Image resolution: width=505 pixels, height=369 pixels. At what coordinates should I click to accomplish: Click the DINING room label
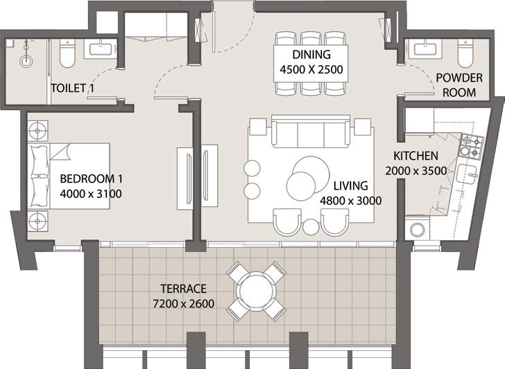tap(310, 55)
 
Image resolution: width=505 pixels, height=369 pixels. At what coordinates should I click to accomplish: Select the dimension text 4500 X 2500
tap(310, 69)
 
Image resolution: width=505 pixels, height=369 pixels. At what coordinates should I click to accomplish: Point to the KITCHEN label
tap(416, 156)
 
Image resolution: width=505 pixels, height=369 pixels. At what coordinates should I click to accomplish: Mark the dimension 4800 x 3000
tap(351, 201)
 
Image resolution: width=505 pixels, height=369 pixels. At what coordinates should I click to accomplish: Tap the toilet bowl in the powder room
tap(465, 51)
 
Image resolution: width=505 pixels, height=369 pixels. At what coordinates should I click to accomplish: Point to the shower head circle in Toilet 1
tap(26, 60)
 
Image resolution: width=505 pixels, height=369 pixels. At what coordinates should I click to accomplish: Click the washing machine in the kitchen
tap(417, 229)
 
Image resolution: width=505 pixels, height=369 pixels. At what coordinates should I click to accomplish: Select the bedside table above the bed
tap(37, 130)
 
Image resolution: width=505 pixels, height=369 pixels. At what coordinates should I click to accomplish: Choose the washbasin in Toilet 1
tap(100, 48)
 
